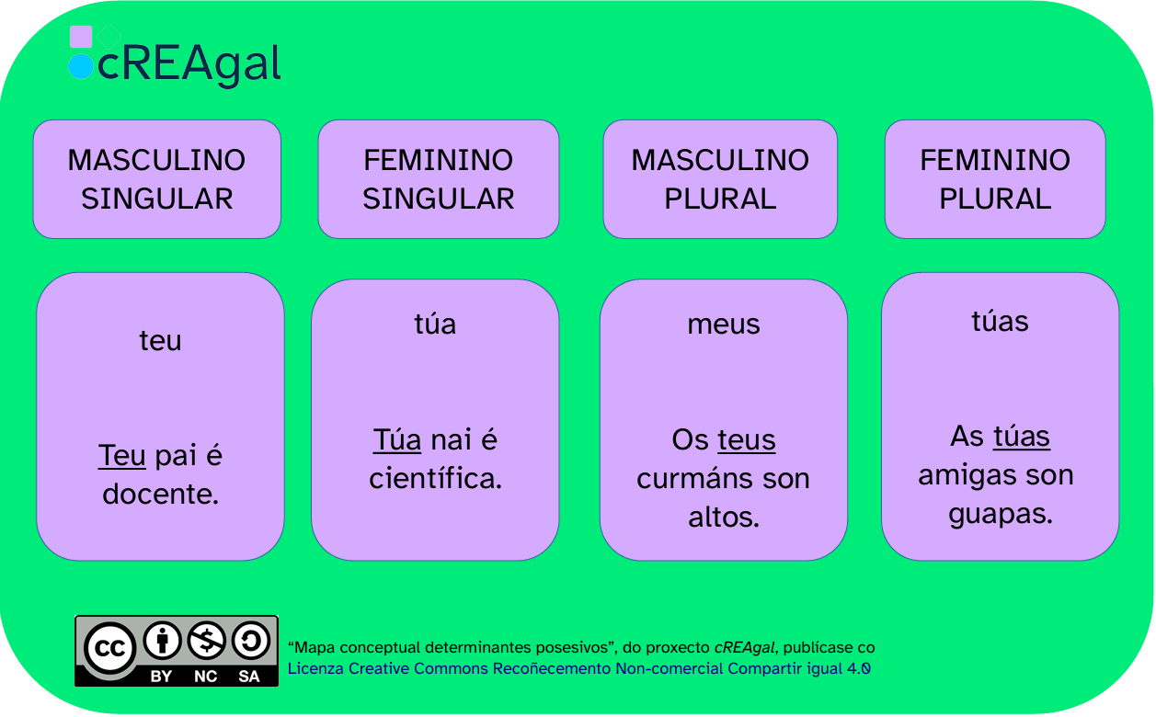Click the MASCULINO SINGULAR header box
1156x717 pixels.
pyautogui.click(x=157, y=179)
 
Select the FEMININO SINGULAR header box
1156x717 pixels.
pyautogui.click(x=439, y=179)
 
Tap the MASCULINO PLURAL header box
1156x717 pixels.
pyautogui.click(x=720, y=179)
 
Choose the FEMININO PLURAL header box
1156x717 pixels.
pyautogui.click(x=995, y=179)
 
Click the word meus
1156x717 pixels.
pyautogui.click(x=724, y=324)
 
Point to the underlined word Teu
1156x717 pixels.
pyautogui.click(x=121, y=455)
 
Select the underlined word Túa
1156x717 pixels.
pyautogui.click(x=397, y=439)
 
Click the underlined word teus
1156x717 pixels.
pyautogui.click(x=746, y=440)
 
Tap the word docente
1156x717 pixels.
pyautogui.click(x=161, y=495)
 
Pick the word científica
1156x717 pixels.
pyautogui.click(x=435, y=478)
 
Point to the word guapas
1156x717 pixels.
pyautogui.click(x=1001, y=514)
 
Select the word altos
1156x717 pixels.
pyautogui.click(x=724, y=517)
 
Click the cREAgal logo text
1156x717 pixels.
pyautogui.click(x=189, y=64)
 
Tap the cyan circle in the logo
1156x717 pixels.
pyautogui.click(x=81, y=66)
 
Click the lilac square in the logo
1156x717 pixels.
pyautogui.click(x=81, y=37)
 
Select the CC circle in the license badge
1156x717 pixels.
pyautogui.click(x=110, y=648)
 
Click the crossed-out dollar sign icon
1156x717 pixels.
pyautogui.click(x=206, y=641)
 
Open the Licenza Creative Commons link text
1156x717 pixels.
pyautogui.click(x=578, y=669)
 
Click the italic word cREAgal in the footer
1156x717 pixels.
pyautogui.click(x=744, y=648)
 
